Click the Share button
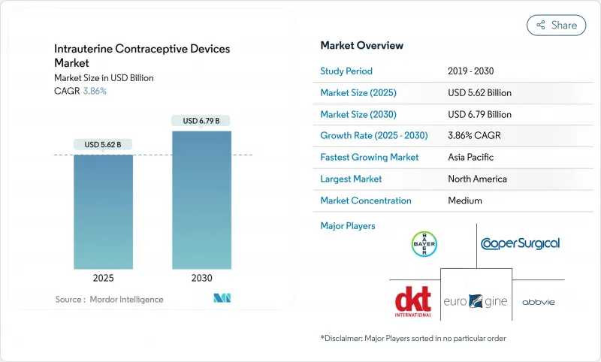click(556, 26)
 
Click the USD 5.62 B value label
click(104, 145)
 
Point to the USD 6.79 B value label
click(201, 121)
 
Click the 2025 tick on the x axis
click(104, 278)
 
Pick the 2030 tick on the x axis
click(201, 278)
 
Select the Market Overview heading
click(361, 46)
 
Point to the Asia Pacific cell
click(471, 158)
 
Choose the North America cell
click(477, 179)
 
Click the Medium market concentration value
click(465, 201)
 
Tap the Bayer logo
click(424, 243)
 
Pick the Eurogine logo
click(476, 301)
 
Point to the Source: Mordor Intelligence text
click(109, 300)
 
